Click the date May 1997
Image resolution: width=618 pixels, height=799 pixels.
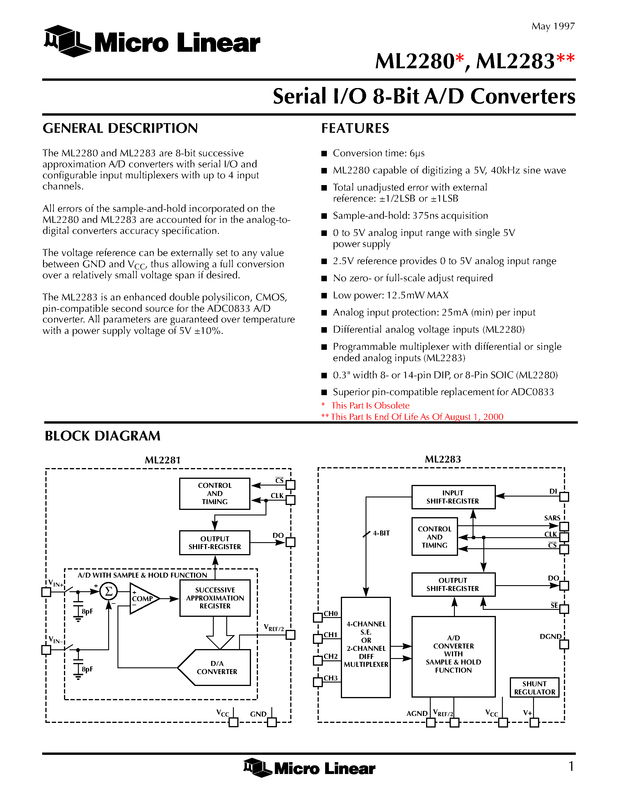point(553,26)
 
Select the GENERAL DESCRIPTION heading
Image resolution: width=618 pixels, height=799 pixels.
point(120,128)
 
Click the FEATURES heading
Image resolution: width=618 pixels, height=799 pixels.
point(355,128)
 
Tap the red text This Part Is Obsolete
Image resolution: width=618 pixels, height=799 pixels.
point(370,405)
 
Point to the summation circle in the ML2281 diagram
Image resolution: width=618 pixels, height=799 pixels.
point(108,591)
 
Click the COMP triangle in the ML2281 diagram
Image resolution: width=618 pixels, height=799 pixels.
point(143,599)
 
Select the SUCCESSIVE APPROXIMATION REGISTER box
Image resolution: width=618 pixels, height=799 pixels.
point(215,598)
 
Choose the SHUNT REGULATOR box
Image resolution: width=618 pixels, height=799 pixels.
point(535,688)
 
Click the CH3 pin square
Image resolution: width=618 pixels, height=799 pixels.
point(318,682)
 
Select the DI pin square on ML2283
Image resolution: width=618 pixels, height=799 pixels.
point(564,497)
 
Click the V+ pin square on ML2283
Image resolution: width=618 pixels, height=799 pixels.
point(535,723)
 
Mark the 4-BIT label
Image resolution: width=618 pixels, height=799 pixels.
point(381,533)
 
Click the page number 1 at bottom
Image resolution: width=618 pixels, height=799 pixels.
point(571,766)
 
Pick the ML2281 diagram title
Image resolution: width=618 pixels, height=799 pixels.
point(163,460)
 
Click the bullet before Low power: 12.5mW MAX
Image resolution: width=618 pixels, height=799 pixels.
point(324,295)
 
